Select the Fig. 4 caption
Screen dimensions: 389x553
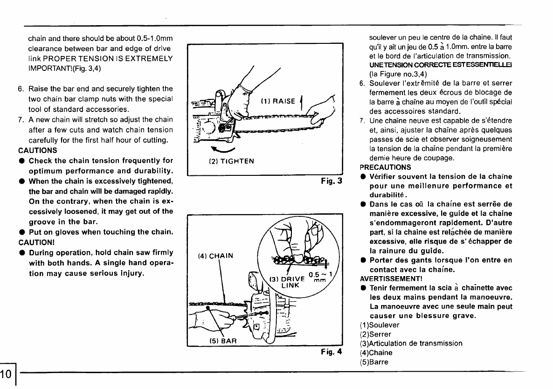tap(332, 352)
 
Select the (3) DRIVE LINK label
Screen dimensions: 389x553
tap(286, 282)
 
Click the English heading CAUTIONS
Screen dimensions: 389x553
tap(37, 150)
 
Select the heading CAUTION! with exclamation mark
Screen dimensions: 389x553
tap(36, 242)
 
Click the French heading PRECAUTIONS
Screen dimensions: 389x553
tap(385, 167)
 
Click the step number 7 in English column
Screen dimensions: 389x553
tap(21, 119)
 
